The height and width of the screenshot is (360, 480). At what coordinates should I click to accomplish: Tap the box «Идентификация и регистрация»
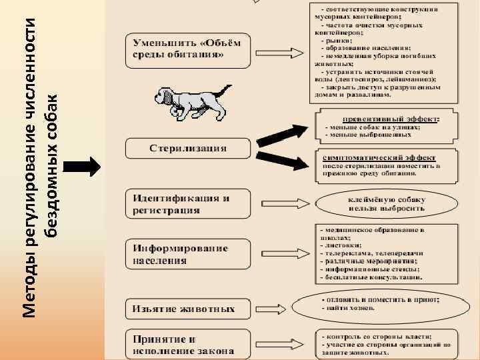point(188,203)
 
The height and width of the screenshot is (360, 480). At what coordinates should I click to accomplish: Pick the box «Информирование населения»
point(188,254)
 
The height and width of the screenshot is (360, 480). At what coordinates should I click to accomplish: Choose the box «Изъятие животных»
point(188,309)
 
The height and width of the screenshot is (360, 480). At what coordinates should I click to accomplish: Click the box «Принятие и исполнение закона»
point(188,344)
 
